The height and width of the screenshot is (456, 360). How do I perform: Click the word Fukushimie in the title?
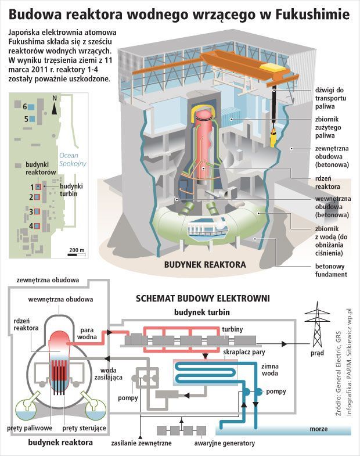click(307, 13)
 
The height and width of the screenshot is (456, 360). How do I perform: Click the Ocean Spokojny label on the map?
click(73, 160)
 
